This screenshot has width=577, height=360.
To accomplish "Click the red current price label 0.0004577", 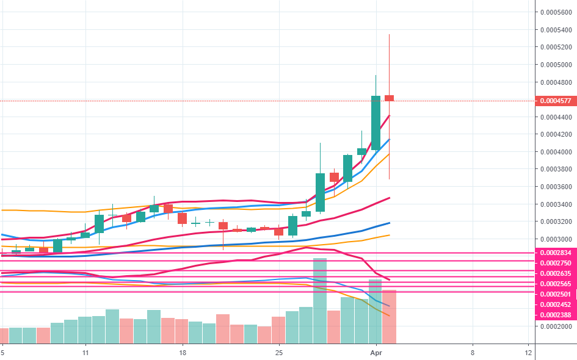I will tap(554, 101).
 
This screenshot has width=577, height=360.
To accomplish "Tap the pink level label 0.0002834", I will tap(554, 253).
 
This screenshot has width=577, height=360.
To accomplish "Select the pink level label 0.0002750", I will tap(554, 262).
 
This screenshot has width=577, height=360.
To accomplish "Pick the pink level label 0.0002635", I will tap(554, 273).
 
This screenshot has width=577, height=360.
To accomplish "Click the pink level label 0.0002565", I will tap(554, 284).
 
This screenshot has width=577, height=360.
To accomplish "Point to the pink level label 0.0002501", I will tap(554, 294).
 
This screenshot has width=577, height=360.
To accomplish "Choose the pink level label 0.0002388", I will tap(554, 315).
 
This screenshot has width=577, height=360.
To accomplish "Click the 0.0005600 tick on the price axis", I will tap(555, 12).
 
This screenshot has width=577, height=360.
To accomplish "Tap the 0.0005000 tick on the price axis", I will tap(555, 65).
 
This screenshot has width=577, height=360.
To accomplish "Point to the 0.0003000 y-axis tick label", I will tap(555, 239).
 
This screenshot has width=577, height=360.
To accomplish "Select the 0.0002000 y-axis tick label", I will tap(555, 326).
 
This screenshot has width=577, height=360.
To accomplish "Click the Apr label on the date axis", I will tap(376, 353).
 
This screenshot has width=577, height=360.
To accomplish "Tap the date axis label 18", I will tap(182, 353).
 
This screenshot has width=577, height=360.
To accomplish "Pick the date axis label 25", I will tap(279, 353).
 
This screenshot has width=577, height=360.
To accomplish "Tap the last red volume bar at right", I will tap(390, 316).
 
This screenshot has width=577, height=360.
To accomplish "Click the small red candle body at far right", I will tap(390, 98).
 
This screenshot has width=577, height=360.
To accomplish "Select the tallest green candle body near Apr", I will tap(376, 123).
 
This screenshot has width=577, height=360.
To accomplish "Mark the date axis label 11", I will tap(85, 353).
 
